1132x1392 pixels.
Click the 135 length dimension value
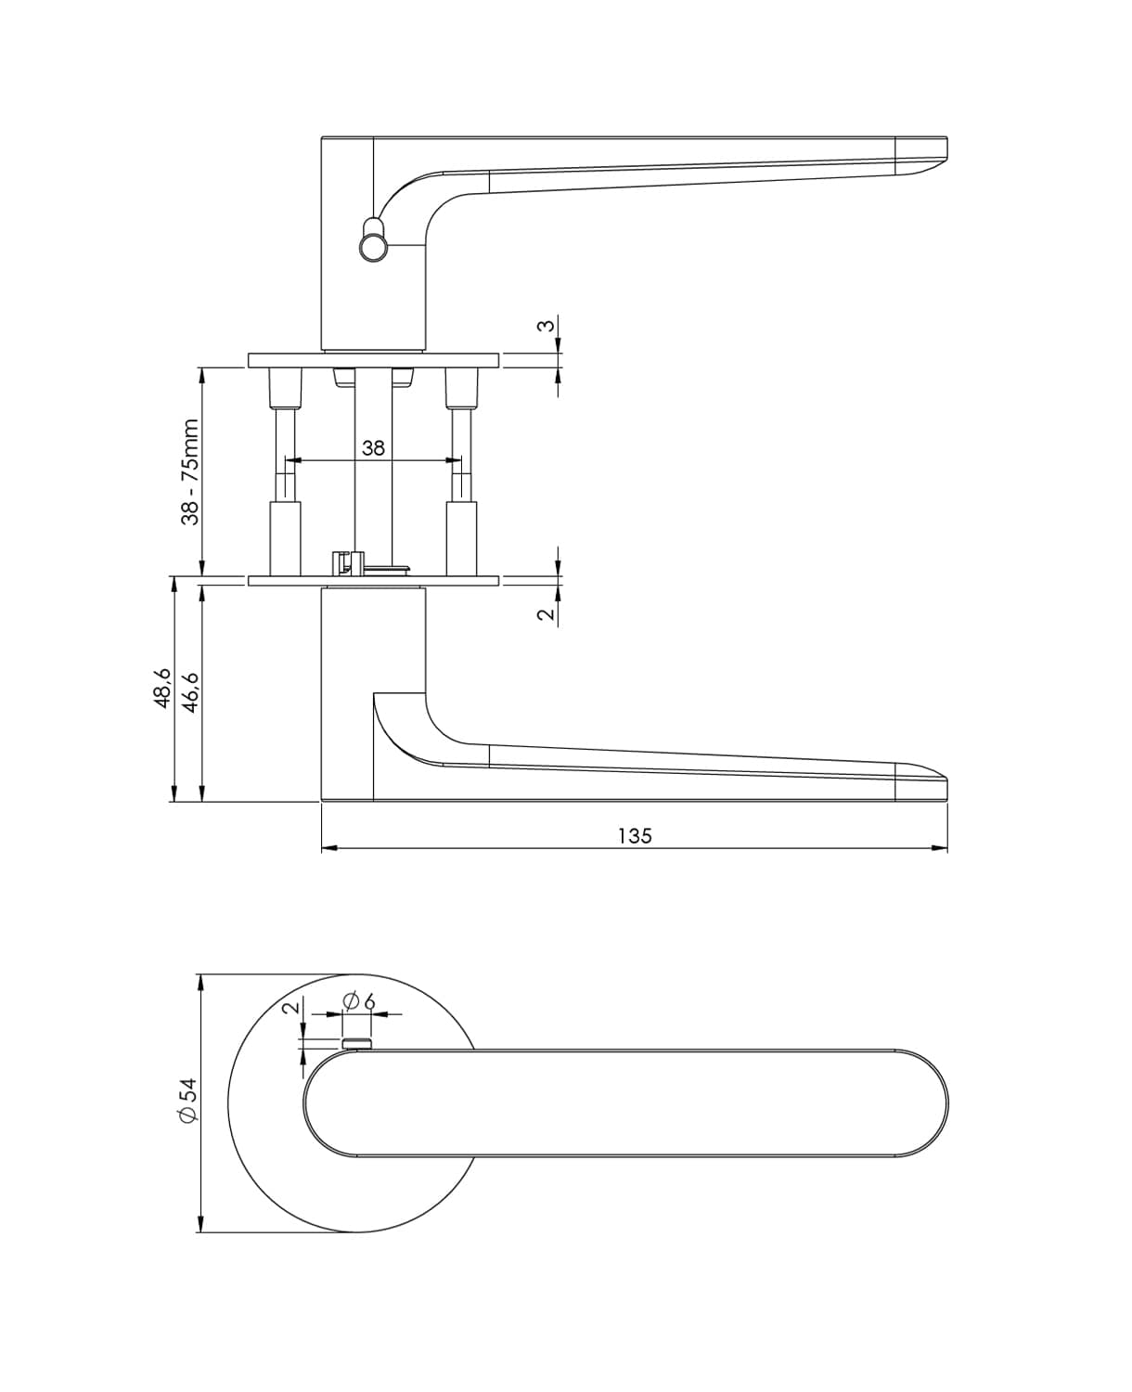pyautogui.click(x=635, y=835)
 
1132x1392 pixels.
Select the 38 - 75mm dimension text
pyautogui.click(x=190, y=472)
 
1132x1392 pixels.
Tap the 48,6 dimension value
pyautogui.click(x=161, y=688)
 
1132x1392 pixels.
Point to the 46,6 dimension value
pyautogui.click(x=192, y=688)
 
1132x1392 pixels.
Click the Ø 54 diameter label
pyautogui.click(x=187, y=1102)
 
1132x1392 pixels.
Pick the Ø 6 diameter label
pyautogui.click(x=358, y=1001)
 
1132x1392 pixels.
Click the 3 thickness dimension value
pyautogui.click(x=547, y=326)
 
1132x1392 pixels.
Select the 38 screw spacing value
pyautogui.click(x=373, y=448)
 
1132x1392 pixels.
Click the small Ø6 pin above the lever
pyautogui.click(x=357, y=1044)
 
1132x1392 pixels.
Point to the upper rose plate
pyautogui.click(x=373, y=360)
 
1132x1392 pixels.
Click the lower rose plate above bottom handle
pyautogui.click(x=373, y=582)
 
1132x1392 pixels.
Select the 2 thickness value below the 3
pyautogui.click(x=547, y=613)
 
